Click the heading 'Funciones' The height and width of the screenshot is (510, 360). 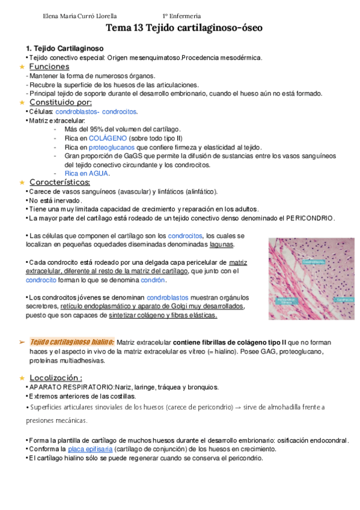[49, 67]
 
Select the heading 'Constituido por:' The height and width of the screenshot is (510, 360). [60, 102]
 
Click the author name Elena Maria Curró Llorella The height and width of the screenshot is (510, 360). [80, 16]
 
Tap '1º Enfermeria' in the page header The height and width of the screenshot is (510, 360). [182, 16]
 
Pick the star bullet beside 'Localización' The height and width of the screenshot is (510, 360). [22, 378]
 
